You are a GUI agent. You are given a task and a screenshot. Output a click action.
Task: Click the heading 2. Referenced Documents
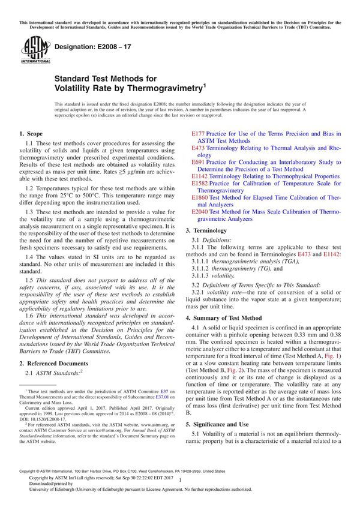(x=54, y=364)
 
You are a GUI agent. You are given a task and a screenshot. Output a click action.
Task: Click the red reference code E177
(x=199, y=134)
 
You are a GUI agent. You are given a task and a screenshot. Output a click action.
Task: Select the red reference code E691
(x=199, y=161)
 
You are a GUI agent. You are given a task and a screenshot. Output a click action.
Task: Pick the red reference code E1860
(x=200, y=197)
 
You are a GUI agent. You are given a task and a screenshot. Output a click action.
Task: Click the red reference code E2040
(x=200, y=212)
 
